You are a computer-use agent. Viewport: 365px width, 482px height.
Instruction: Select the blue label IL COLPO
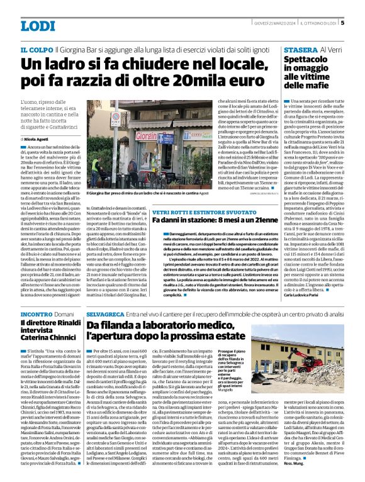36,48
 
